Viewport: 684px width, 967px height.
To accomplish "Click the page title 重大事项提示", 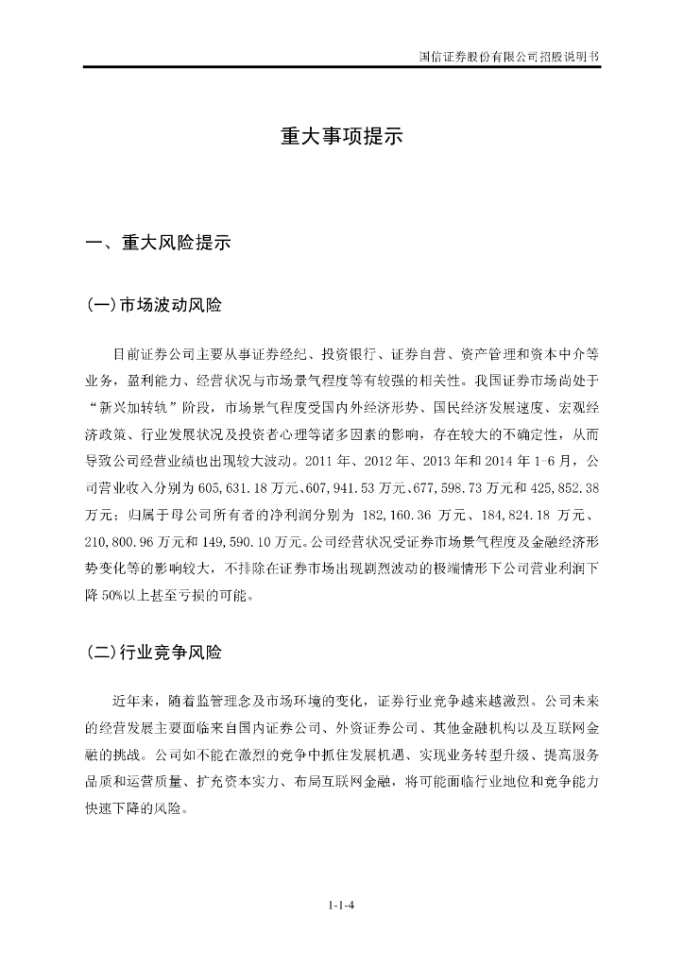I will click(x=341, y=137).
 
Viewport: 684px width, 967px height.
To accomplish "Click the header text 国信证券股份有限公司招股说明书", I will click(x=508, y=56).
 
